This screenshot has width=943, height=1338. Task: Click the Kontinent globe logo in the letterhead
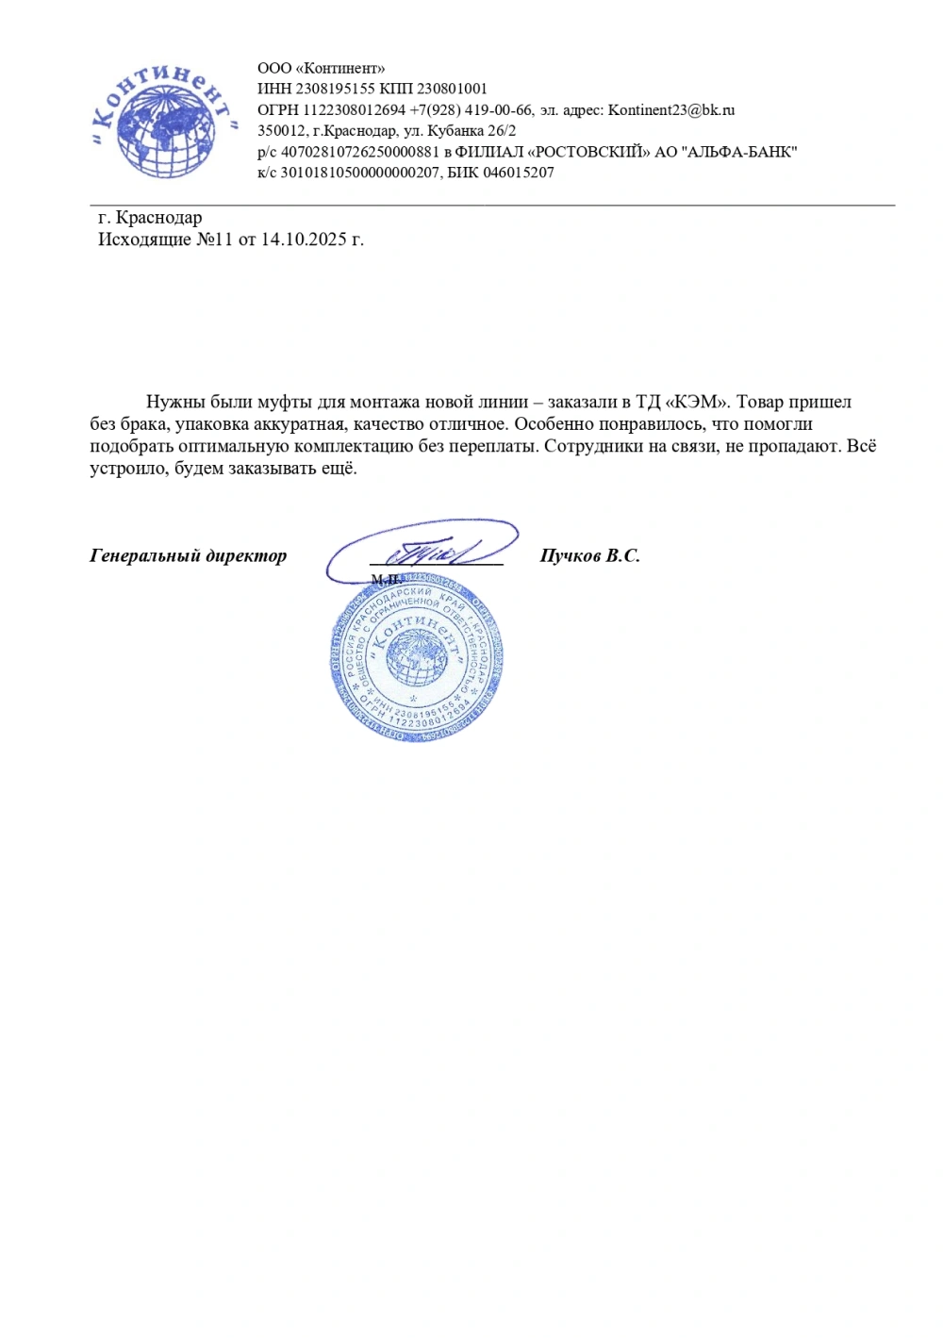coord(163,120)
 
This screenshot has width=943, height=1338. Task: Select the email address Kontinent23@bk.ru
coord(671,110)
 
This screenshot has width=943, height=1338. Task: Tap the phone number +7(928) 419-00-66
coord(471,110)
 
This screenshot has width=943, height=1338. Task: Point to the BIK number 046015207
coord(518,173)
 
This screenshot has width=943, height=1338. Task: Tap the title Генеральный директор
coord(188,555)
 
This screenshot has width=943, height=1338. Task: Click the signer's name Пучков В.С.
coord(589,555)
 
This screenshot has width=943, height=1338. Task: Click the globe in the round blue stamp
coord(416,658)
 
